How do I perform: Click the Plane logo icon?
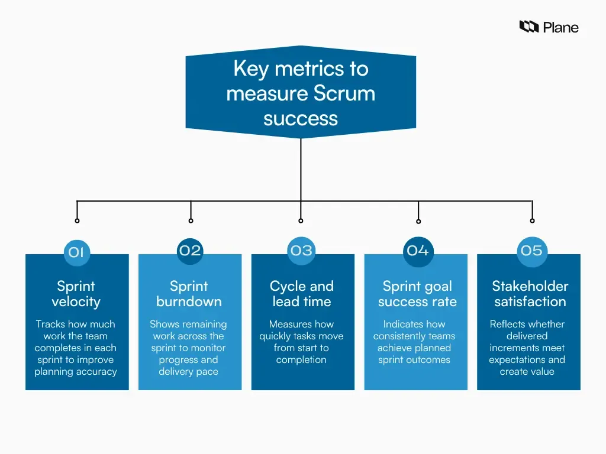tap(528, 27)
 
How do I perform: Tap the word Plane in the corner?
tap(560, 27)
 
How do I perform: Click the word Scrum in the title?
tap(344, 93)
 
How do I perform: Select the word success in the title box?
tap(301, 118)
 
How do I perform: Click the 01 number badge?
tap(76, 252)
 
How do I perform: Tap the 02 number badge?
tap(190, 250)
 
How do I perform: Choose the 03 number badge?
tap(301, 250)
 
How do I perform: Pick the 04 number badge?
tap(418, 251)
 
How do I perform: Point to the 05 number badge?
tap(531, 250)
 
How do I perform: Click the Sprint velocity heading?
tap(76, 294)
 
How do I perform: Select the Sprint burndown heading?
tap(189, 294)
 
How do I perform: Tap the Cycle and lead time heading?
tap(302, 294)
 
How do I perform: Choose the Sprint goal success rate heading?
tap(417, 294)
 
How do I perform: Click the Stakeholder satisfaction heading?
tap(530, 294)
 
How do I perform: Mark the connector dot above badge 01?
tap(77, 220)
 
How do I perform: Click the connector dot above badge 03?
tap(301, 220)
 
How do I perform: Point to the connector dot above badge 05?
tap(532, 220)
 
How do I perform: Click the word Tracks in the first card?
tap(50, 324)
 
